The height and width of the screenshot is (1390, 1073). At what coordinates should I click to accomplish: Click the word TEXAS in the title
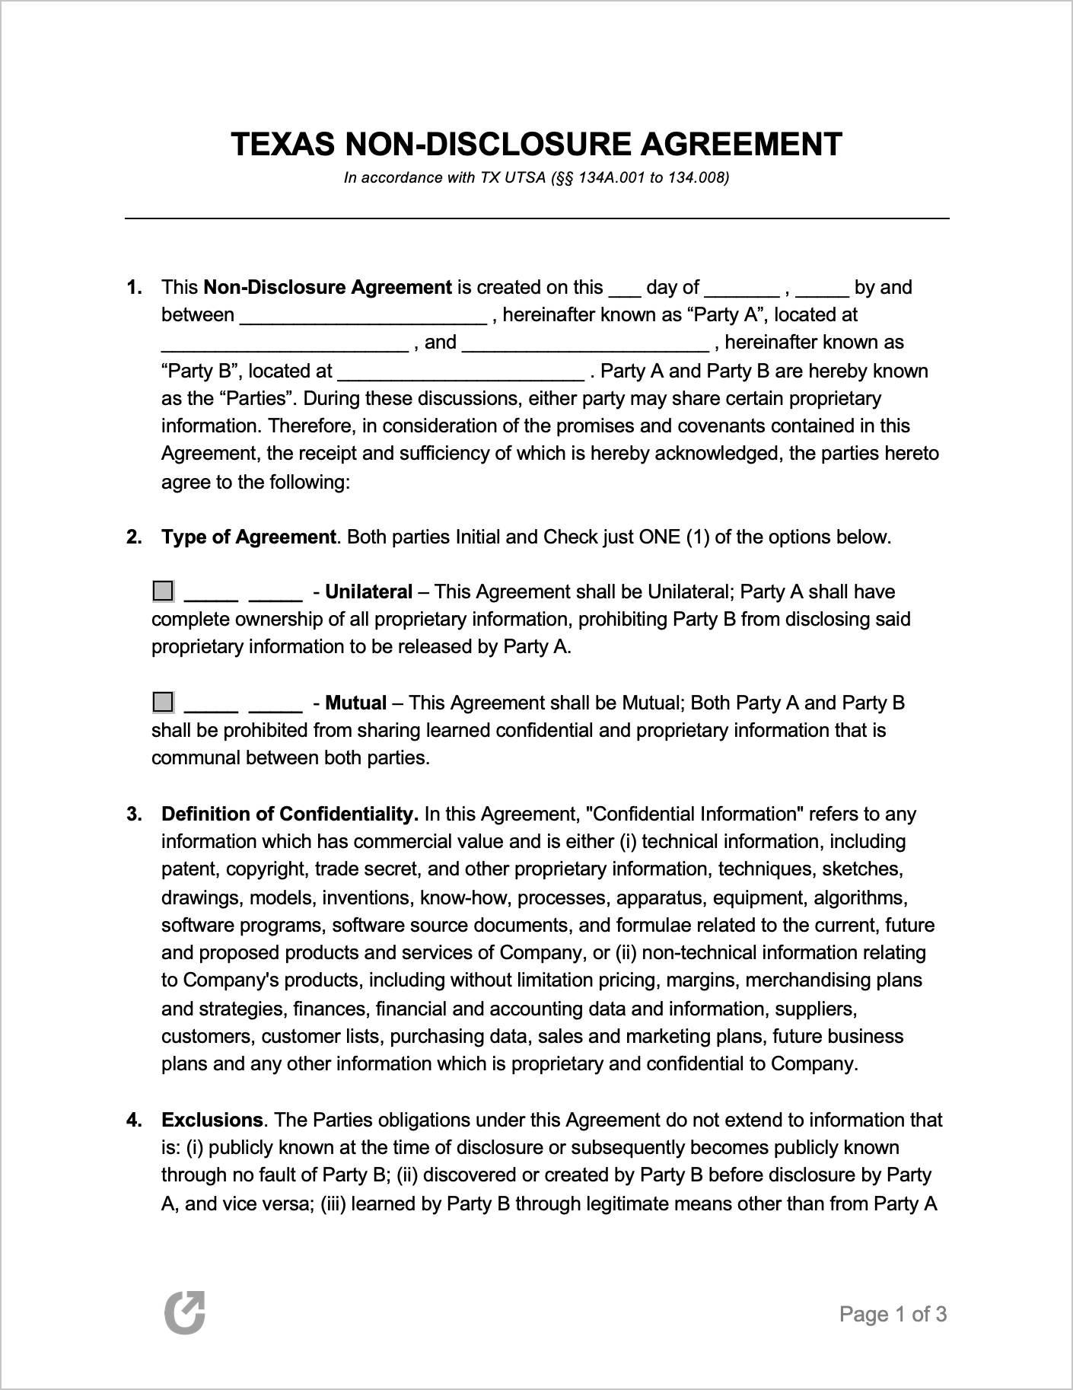(x=282, y=145)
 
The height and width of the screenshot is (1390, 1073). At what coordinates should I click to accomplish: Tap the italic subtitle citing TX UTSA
(x=536, y=178)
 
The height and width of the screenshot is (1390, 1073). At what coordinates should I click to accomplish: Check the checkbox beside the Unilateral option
(x=163, y=591)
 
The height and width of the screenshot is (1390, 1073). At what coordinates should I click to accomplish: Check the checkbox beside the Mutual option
(x=163, y=701)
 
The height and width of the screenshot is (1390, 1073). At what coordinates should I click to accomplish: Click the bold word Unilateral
(x=368, y=592)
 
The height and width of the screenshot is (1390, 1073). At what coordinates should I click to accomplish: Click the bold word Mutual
(x=355, y=703)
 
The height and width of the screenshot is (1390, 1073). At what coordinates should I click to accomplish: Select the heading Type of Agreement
(x=248, y=537)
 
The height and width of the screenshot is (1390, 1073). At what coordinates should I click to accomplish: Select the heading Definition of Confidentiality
(x=289, y=815)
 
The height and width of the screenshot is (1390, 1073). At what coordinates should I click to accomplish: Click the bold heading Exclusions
(x=212, y=1121)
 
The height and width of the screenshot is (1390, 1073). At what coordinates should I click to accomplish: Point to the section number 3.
(x=133, y=815)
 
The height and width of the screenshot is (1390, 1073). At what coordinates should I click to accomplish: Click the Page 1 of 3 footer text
(x=893, y=1314)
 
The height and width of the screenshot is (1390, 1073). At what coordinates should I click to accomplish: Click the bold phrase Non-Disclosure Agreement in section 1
(x=328, y=288)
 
